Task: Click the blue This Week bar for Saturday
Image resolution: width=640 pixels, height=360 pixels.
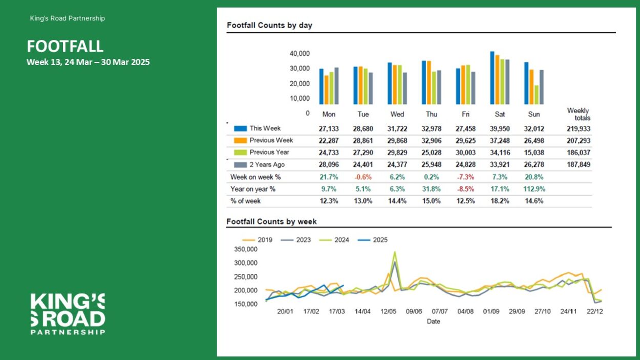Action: coord(492,78)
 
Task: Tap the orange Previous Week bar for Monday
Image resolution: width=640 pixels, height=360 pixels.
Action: coord(326,90)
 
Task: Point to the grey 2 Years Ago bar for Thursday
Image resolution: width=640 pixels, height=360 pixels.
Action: coord(439,88)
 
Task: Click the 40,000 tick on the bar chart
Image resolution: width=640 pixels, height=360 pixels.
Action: coord(300,54)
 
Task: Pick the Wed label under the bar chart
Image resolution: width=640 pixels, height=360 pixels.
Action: coord(397,114)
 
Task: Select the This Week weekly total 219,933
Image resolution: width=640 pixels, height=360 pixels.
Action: coord(579,129)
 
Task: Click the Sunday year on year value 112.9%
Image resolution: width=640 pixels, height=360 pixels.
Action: coord(534,189)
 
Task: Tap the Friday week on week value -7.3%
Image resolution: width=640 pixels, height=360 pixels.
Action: coord(465,177)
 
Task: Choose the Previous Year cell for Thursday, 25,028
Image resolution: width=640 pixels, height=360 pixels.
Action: coord(432,153)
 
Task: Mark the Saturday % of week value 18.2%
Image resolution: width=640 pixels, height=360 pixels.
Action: coord(500,201)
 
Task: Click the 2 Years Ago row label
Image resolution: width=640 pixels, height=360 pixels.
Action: coord(267,164)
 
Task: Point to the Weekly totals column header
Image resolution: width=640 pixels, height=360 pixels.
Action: coord(579,114)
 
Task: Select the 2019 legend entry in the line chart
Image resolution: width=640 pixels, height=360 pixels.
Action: coord(257,240)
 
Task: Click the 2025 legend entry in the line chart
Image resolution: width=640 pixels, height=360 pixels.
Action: coord(373,240)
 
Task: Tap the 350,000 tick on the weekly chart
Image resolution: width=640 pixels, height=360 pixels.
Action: coord(246,249)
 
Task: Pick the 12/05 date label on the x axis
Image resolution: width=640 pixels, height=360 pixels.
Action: coord(388,311)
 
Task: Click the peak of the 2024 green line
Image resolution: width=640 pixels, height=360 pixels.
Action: coord(395,252)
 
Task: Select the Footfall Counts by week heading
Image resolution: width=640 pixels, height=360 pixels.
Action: coord(271,222)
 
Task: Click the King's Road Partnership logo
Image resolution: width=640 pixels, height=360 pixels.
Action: coord(68,314)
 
